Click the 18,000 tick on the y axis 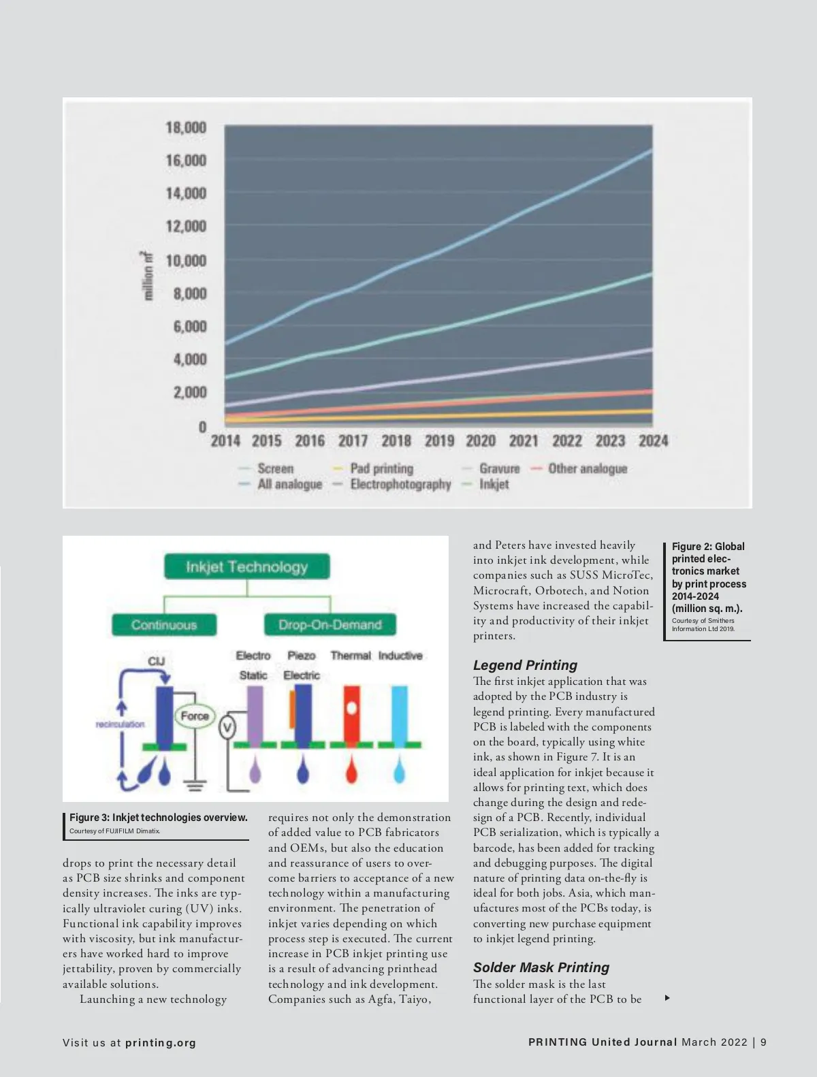tap(185, 128)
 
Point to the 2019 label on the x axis tap(439, 441)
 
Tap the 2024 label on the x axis tap(653, 441)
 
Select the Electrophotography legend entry tap(400, 485)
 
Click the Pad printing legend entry tap(381, 468)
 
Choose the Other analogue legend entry tap(587, 468)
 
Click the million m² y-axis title tap(148, 275)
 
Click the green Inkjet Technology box tap(246, 566)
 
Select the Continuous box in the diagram tap(164, 624)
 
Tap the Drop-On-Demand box tap(330, 624)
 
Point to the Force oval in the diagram tap(195, 716)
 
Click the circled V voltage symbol tap(227, 728)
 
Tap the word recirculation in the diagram tap(121, 724)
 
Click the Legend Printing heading tap(525, 665)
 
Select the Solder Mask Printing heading tap(541, 967)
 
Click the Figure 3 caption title tap(159, 818)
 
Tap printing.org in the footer tap(161, 1042)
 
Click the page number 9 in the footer tap(763, 1042)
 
